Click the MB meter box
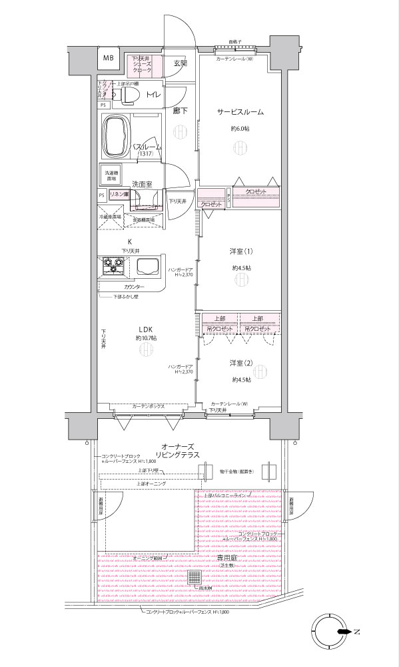(x=107, y=58)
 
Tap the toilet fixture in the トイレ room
(x=128, y=97)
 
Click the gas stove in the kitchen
(x=111, y=268)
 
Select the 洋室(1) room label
(x=242, y=251)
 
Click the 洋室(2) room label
(x=242, y=363)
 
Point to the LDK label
(x=146, y=328)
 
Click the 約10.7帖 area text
(x=146, y=338)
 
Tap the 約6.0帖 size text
(x=239, y=128)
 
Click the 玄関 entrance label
(x=181, y=63)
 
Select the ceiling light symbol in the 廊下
(x=180, y=131)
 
